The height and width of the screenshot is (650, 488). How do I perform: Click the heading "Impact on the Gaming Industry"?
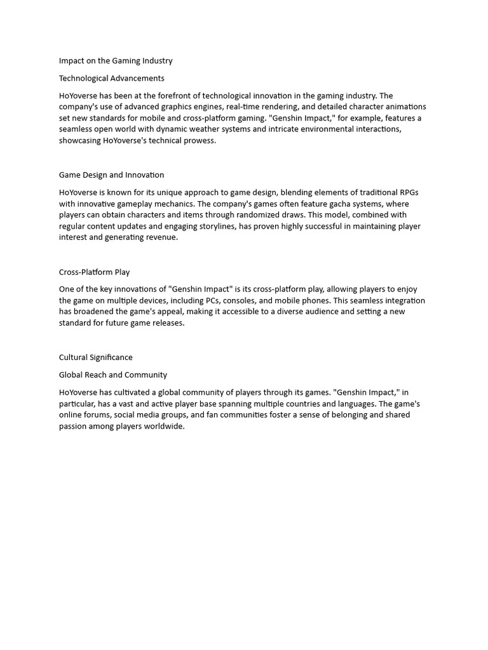click(x=116, y=61)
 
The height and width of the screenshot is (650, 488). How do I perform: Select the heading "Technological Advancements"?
click(x=112, y=78)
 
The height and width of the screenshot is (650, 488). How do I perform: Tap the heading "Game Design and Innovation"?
click(x=111, y=175)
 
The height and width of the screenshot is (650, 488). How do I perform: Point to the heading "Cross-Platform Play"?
click(x=94, y=272)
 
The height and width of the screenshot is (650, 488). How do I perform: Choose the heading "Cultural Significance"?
click(x=96, y=357)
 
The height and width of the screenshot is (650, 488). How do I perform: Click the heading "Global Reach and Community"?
click(x=113, y=375)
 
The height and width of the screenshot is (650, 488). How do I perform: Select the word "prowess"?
click(x=199, y=140)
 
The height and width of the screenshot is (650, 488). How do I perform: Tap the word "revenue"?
click(x=161, y=237)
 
